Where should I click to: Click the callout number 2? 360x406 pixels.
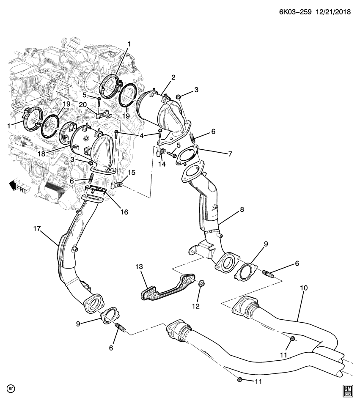(173, 77)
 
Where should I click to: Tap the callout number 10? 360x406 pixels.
(304, 288)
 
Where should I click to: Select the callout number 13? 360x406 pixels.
(140, 266)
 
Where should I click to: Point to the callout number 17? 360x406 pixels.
(37, 229)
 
